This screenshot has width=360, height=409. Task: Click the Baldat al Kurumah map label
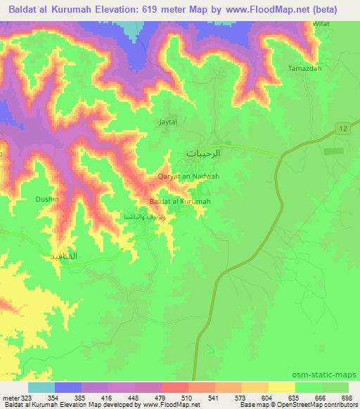click(180, 202)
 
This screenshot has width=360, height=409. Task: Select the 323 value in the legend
click(25, 398)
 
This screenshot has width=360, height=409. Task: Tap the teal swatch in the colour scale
click(41, 387)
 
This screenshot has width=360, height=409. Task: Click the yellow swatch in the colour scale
click(282, 387)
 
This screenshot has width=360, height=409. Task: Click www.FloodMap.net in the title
click(264, 9)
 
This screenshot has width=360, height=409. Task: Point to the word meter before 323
click(10, 398)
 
